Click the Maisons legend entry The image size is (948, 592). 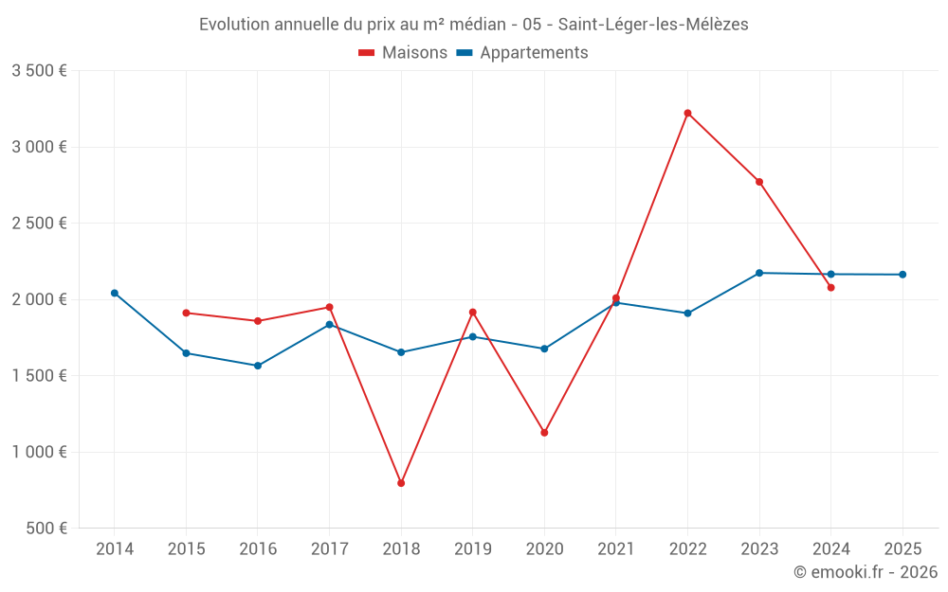403,53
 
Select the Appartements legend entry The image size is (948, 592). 522,53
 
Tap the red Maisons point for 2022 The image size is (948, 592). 687,113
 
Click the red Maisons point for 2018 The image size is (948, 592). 401,483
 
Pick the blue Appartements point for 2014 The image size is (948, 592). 115,293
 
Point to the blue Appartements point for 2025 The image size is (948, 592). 902,275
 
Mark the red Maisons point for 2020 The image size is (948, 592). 544,433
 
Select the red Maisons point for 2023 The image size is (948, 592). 759,182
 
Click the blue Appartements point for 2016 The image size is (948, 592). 258,366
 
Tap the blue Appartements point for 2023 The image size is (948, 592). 759,273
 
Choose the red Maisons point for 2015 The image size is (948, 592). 186,313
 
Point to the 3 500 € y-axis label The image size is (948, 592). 39,71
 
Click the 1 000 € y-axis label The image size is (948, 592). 39,452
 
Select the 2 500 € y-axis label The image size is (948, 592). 39,224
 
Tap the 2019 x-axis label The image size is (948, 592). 472,549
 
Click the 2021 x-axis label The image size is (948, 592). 615,549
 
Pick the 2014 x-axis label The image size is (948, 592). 115,549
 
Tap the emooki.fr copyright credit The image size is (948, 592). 866,572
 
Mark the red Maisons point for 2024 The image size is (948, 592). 830,287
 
